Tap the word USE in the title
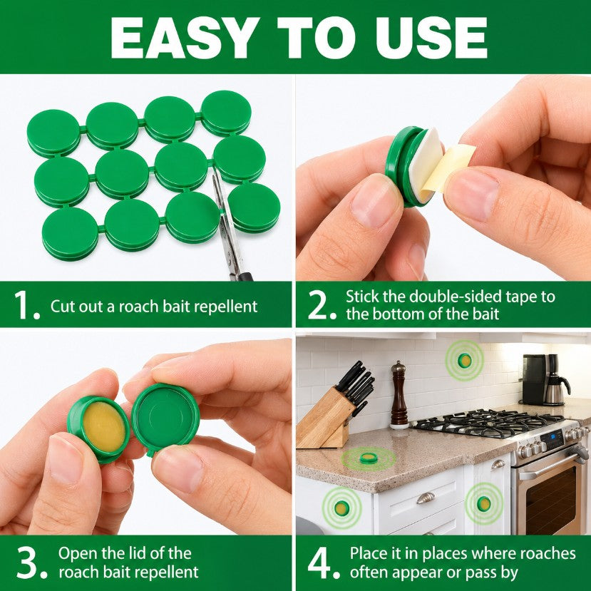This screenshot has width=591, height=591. [x=431, y=38]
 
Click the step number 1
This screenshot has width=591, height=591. [x=26, y=305]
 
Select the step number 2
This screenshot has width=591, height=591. [x=322, y=305]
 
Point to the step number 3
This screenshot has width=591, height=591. [x=31, y=562]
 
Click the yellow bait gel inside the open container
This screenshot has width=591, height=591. [x=103, y=426]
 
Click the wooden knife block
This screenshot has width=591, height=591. [x=324, y=418]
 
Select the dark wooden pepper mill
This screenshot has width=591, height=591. [x=399, y=395]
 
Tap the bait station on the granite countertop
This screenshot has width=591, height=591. [x=368, y=458]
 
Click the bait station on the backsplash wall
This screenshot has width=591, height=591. [x=464, y=361]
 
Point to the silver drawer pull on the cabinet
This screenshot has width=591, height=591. [x=426, y=498]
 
